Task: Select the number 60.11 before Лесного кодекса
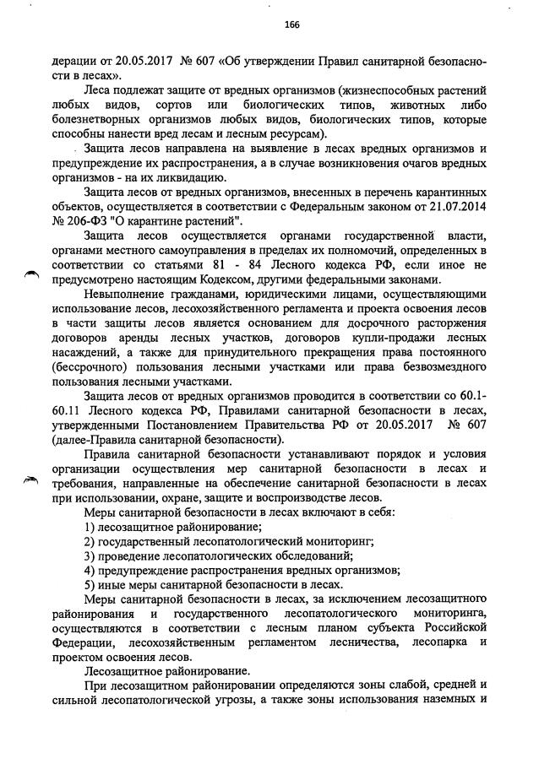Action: pos(67,410)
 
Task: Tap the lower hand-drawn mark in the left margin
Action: pos(31,480)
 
